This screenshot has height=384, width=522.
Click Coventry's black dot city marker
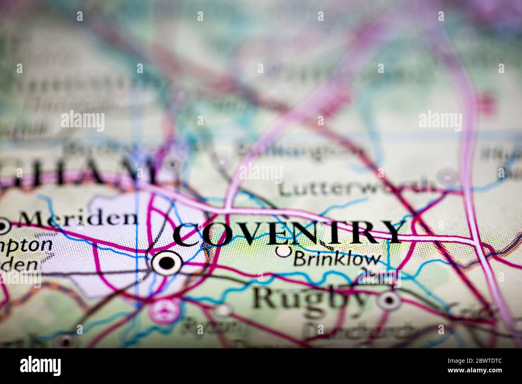(167, 263)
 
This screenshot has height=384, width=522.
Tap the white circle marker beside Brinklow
(284, 251)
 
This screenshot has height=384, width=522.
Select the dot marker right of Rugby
(389, 300)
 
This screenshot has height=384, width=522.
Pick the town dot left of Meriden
(4, 227)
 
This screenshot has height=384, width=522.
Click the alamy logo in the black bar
(41, 366)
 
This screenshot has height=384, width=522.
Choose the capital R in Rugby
(263, 297)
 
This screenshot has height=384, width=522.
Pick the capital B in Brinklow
(300, 259)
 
